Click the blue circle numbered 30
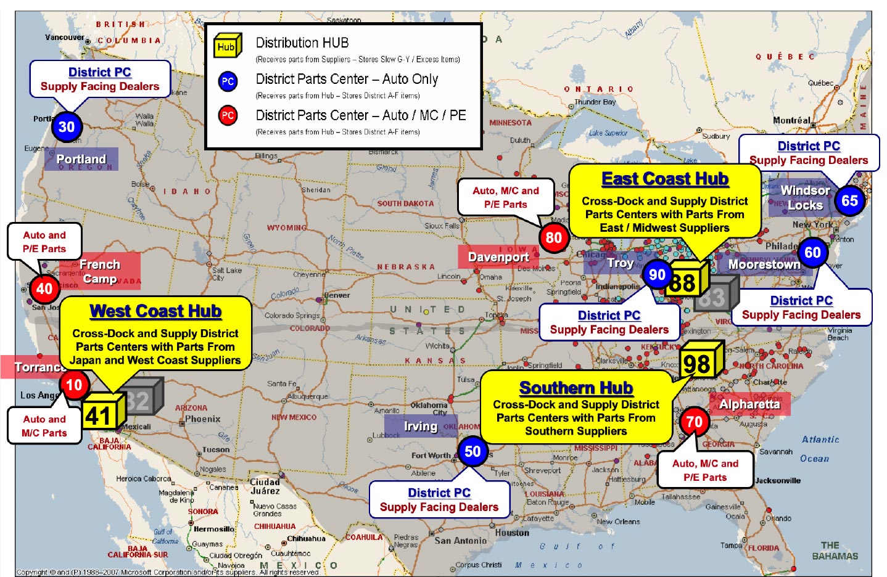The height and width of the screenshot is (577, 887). (67, 127)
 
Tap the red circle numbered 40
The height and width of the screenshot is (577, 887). (44, 288)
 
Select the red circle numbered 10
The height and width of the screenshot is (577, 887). (74, 385)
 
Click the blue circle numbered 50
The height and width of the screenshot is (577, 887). (472, 451)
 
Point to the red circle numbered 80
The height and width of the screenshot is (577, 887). (554, 237)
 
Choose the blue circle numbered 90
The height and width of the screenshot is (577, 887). (657, 275)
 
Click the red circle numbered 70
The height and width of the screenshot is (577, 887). (694, 422)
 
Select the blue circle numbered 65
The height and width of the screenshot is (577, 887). (849, 200)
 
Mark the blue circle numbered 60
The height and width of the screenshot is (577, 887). (812, 252)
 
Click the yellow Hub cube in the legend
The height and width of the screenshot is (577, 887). (226, 46)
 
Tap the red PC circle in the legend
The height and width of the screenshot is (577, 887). (228, 115)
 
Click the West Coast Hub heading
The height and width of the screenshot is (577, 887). (155, 311)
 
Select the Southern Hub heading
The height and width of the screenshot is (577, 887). (576, 388)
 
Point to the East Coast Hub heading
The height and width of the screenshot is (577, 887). (665, 179)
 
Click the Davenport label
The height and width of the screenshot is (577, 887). (498, 257)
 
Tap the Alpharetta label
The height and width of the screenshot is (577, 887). (749, 404)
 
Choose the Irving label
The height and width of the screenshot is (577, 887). (421, 426)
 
